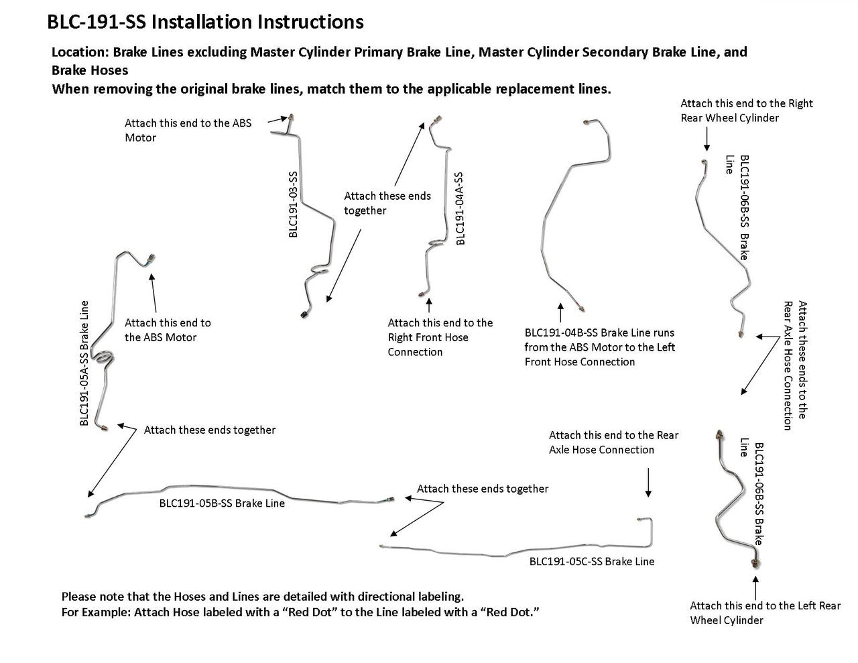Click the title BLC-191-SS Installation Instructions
(x=205, y=21)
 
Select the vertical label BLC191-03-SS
(x=292, y=204)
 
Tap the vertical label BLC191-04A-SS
(x=460, y=208)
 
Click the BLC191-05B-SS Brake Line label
(x=222, y=503)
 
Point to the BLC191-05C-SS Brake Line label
(x=592, y=562)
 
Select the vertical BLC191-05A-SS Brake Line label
(x=84, y=363)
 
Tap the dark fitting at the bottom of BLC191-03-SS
(x=304, y=314)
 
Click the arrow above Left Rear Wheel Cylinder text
(x=755, y=588)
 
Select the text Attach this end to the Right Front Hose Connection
(x=440, y=337)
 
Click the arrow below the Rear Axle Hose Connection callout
(x=648, y=483)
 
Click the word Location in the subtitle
(x=80, y=52)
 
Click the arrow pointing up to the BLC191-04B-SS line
(x=560, y=312)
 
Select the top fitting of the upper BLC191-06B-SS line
(x=704, y=162)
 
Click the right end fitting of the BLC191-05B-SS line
(x=390, y=499)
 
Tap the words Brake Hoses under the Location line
(x=90, y=70)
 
